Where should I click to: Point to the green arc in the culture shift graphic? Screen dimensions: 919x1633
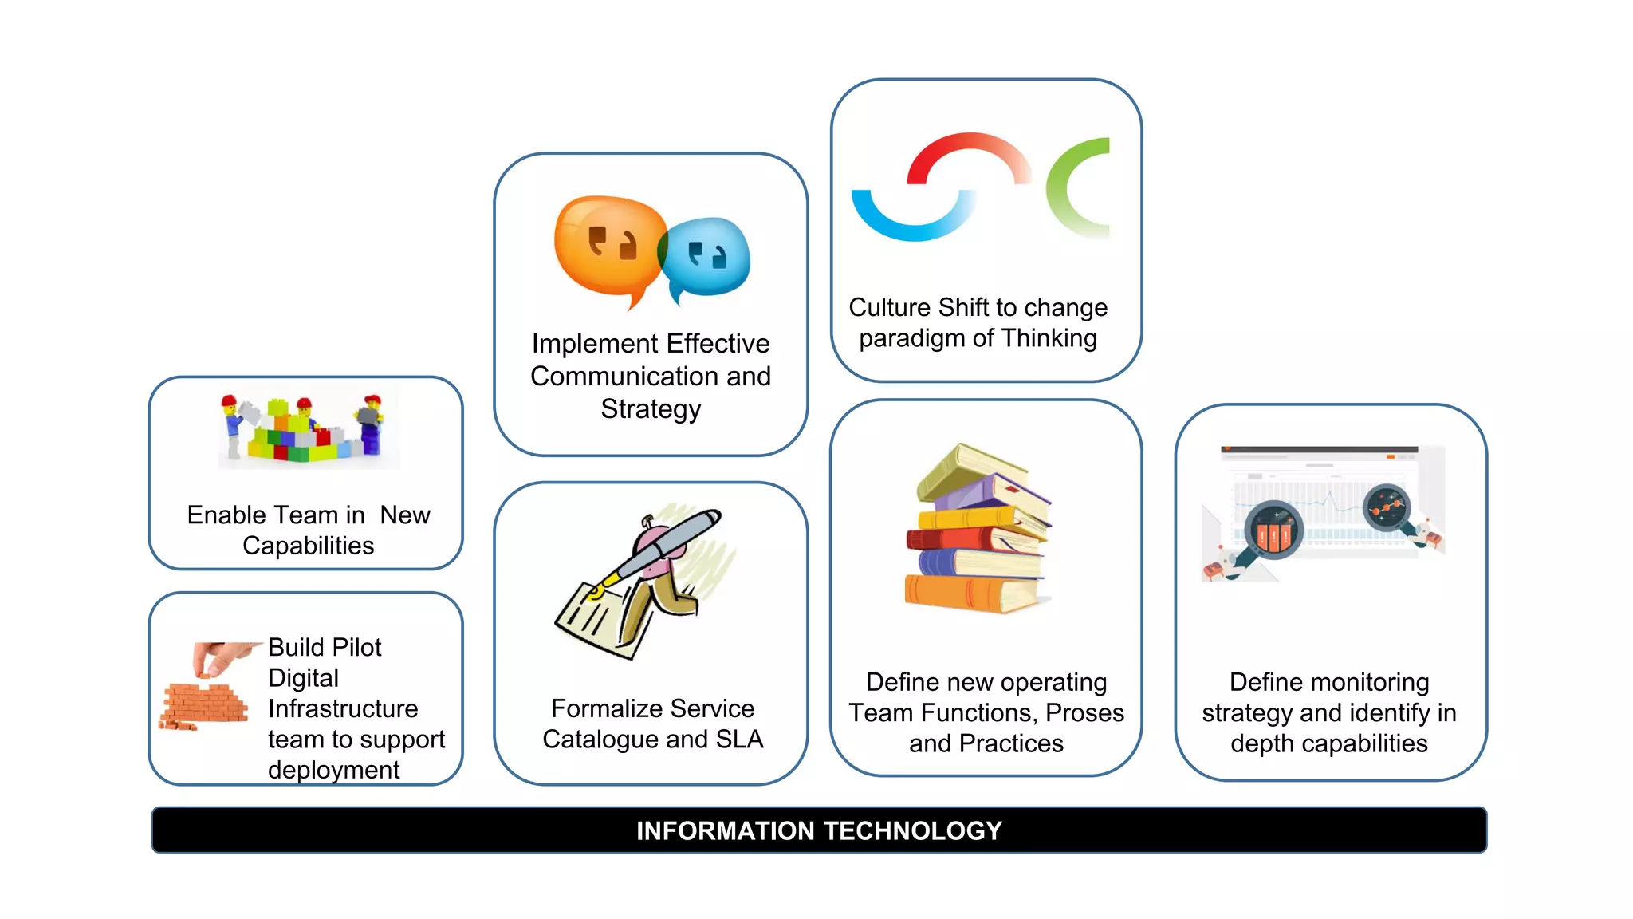point(1072,187)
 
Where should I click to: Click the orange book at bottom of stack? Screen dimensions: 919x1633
point(970,594)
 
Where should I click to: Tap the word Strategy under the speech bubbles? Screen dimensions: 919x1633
point(651,409)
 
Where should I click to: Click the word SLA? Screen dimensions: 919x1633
point(739,740)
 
